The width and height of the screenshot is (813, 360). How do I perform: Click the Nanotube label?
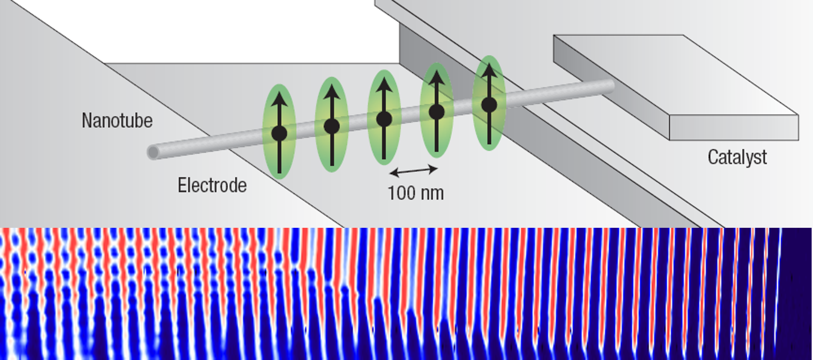coord(117,121)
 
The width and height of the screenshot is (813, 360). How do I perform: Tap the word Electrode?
coord(212,185)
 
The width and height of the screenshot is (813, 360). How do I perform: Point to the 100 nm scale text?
coord(416,193)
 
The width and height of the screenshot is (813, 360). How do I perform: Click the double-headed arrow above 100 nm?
coord(413,171)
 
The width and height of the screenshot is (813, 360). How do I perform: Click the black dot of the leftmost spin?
coord(279,133)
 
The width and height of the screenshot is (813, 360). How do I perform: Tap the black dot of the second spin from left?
coord(332,126)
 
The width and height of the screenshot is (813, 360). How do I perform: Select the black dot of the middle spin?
coord(384,119)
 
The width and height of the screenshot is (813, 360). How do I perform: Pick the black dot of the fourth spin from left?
coord(437,112)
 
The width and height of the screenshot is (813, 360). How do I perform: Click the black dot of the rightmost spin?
coord(489,105)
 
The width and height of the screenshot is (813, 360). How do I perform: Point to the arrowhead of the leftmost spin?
coord(279,99)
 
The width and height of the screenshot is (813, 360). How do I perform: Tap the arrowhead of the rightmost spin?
coord(489,70)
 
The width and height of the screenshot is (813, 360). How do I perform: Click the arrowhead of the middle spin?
coord(384,85)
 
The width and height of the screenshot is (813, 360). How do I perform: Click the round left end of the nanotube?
coord(153,153)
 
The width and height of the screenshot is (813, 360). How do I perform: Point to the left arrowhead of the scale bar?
coord(394,173)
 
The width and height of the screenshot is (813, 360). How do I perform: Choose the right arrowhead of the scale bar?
coord(434,169)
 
